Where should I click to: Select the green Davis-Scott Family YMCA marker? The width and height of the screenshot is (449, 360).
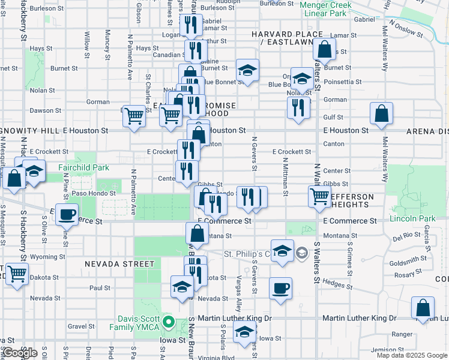coord(169,323)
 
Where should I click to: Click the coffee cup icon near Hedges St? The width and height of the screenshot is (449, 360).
coord(280,289)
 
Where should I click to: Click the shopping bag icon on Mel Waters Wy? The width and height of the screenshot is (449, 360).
coord(381,113)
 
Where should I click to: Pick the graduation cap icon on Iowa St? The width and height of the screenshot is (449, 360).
coord(244,332)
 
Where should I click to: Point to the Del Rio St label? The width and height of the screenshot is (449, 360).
coord(407,237)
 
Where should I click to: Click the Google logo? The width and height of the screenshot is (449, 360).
coord(20,353)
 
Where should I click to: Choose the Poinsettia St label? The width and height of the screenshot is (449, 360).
coord(343,82)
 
